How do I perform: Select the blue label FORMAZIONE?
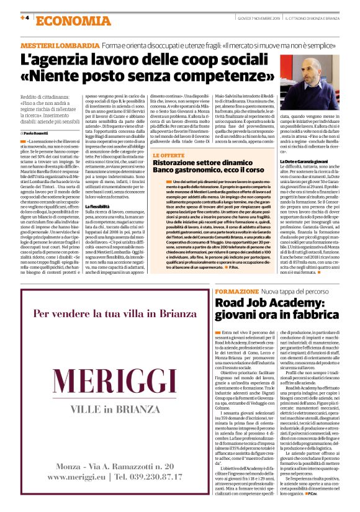236,291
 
